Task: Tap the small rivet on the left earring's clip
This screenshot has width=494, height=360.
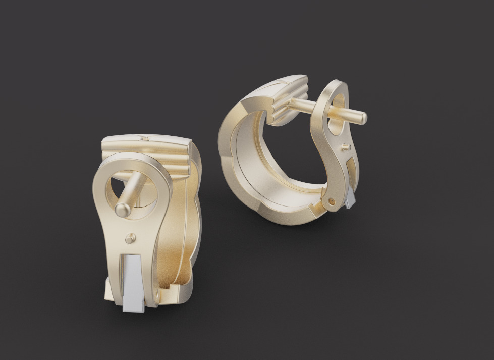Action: pyautogui.click(x=131, y=238)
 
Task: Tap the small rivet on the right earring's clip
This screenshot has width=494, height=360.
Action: pyautogui.click(x=345, y=147)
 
